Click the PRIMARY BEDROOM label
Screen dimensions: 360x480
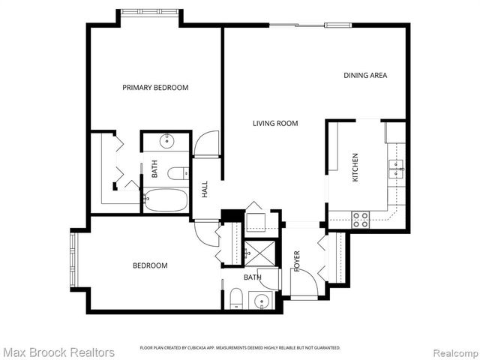tap(155, 88)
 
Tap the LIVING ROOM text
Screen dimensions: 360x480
tap(275, 124)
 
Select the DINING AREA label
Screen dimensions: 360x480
tap(365, 75)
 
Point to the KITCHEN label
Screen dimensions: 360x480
tap(355, 169)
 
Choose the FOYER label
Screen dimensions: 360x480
tap(297, 260)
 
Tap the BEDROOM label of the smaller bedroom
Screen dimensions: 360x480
tap(150, 265)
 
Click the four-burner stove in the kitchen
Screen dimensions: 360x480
tap(361, 219)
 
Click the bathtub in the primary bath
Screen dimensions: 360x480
tap(165, 200)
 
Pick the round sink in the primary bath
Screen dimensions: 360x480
tap(166, 141)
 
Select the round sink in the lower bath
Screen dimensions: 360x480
tap(262, 302)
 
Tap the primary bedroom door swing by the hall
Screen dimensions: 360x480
tap(205, 143)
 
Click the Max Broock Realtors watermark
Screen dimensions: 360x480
tap(58, 352)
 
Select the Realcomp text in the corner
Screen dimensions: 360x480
tap(453, 352)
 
